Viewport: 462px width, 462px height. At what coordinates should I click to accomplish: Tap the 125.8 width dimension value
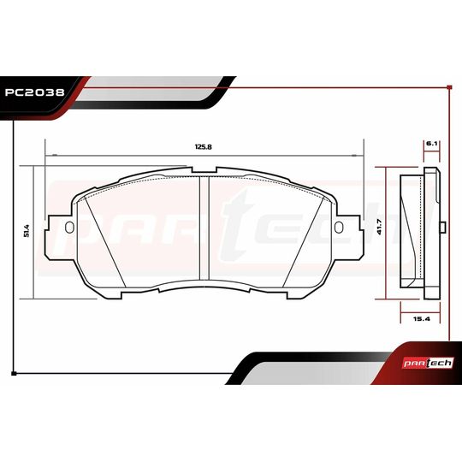(x=203, y=147)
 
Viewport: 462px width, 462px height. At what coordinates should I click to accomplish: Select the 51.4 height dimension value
(x=27, y=231)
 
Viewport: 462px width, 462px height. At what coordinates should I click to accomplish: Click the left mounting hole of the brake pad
(x=69, y=227)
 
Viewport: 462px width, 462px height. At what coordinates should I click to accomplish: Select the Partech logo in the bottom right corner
(x=431, y=363)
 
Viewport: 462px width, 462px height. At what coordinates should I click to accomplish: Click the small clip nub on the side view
(x=443, y=227)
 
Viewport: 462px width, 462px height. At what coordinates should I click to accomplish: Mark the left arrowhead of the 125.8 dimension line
(x=50, y=155)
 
